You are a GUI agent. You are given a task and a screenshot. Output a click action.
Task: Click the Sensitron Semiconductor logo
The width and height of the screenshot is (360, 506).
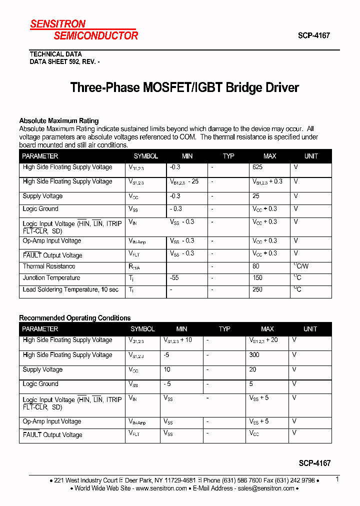tap(83, 30)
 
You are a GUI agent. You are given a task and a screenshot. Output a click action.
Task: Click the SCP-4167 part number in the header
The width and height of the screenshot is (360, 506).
tap(314, 36)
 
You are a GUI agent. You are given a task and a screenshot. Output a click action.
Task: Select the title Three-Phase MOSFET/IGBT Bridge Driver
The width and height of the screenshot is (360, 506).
tap(184, 87)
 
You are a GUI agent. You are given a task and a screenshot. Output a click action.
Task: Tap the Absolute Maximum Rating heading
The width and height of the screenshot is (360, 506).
tap(58, 120)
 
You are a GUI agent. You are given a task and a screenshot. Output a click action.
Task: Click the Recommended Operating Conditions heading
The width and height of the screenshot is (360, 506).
tap(74, 318)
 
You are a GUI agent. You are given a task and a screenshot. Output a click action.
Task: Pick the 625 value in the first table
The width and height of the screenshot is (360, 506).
tap(257, 167)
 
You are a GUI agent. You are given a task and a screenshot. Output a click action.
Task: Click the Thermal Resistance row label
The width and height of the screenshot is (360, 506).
tap(47, 266)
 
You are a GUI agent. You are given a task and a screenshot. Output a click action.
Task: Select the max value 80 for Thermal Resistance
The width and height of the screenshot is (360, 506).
tap(256, 266)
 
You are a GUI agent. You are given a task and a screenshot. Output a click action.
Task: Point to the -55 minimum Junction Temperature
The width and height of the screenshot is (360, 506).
tap(174, 278)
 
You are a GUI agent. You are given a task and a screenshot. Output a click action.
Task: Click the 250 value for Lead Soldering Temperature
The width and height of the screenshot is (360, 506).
tap(257, 289)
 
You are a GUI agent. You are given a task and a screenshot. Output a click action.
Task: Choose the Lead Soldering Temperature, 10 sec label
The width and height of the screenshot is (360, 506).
tap(70, 289)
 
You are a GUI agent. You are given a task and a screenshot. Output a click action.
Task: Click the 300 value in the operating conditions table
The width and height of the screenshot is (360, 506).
tap(254, 355)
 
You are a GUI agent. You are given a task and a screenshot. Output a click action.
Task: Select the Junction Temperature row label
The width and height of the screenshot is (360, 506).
tap(51, 278)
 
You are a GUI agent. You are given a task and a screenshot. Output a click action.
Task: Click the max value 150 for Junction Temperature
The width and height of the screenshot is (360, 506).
tap(257, 278)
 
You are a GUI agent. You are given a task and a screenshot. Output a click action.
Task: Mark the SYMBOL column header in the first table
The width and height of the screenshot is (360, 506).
tap(146, 156)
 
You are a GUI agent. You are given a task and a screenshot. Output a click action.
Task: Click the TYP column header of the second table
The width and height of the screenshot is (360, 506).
tap(224, 329)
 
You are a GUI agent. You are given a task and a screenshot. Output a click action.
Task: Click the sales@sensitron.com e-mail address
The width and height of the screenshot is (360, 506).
tap(265, 488)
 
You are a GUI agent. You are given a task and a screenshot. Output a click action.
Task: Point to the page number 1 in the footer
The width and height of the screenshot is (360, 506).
tap(337, 479)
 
